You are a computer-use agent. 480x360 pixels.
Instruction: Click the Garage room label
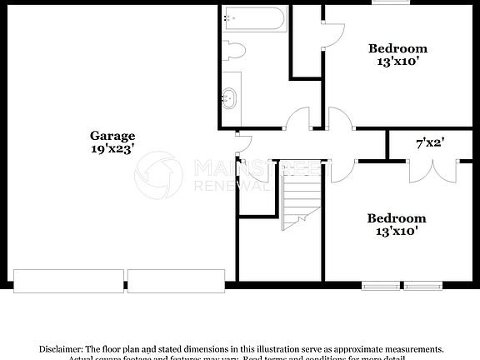point(112,136)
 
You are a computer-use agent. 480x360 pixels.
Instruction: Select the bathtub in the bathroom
point(254,18)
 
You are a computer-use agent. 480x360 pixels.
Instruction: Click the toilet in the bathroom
point(234,50)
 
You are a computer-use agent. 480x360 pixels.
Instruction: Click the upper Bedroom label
point(397,48)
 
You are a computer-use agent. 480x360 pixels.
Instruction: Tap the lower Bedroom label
point(397,218)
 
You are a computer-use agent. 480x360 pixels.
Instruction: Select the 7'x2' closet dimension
point(430,143)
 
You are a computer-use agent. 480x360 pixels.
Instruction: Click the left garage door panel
point(67,280)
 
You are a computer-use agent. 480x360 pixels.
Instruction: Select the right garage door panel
point(176,280)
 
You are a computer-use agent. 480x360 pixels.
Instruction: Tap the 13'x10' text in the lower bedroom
point(397,231)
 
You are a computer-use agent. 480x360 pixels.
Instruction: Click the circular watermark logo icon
point(157,175)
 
